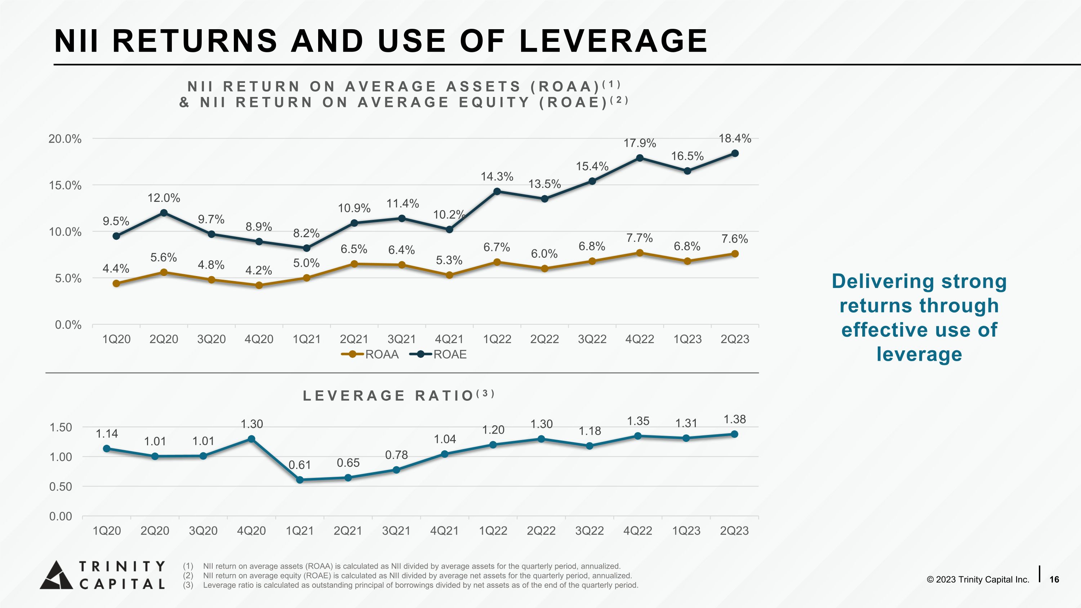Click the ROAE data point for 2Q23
pos(735,154)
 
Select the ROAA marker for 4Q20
pos(259,285)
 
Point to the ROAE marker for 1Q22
pos(497,191)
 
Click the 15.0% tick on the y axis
pos(65,186)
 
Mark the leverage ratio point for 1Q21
pos(300,480)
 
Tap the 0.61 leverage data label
pos(300,465)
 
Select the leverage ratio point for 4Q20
pos(252,439)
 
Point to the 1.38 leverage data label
pos(735,419)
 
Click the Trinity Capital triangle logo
pos(56,575)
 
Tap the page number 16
pos(1054,580)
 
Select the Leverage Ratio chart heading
pos(399,395)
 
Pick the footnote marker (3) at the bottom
pos(188,585)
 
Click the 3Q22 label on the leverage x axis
pos(590,531)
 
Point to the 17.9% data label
pos(640,143)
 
